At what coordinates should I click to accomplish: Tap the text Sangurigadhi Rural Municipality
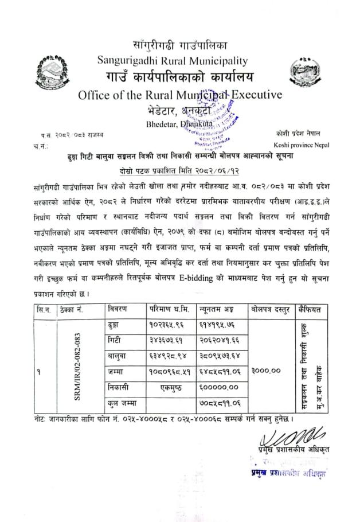pyautogui.click(x=172, y=59)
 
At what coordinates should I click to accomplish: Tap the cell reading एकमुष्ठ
pyautogui.click(x=170, y=388)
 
